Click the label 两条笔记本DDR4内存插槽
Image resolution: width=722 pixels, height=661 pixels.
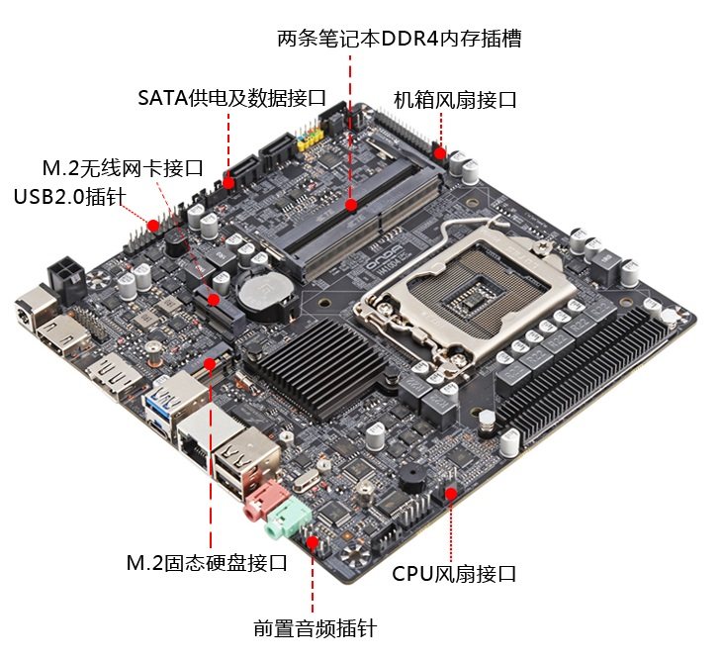point(399,39)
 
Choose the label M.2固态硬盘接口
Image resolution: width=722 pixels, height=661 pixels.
point(207,563)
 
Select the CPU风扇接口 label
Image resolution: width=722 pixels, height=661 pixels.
point(454,573)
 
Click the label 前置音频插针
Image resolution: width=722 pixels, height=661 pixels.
point(315,628)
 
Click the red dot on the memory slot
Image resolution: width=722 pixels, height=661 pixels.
point(351,205)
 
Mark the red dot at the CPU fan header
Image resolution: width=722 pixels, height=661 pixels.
point(451,492)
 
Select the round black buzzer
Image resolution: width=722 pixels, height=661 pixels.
point(409,478)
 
